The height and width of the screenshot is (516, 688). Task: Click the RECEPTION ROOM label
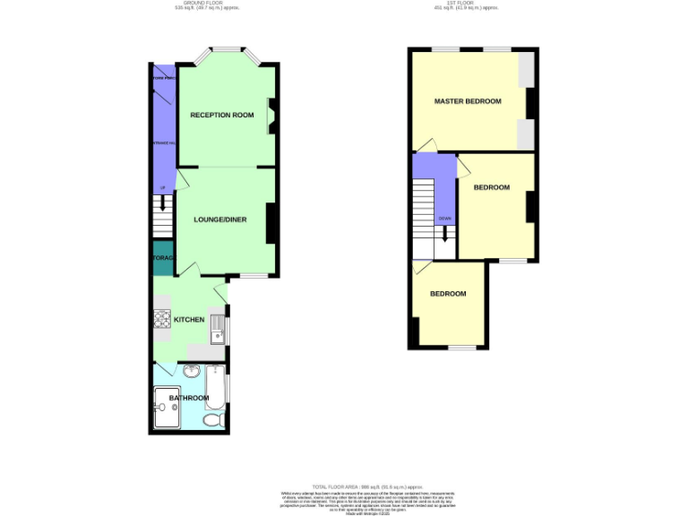pyautogui.click(x=221, y=115)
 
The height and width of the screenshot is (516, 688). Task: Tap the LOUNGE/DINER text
pyautogui.click(x=221, y=219)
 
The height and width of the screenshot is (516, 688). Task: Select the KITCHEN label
pyautogui.click(x=189, y=320)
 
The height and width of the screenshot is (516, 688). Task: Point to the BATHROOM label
pyautogui.click(x=189, y=398)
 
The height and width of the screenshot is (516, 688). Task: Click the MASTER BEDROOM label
pyautogui.click(x=468, y=101)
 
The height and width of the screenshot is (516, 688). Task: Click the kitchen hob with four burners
pyautogui.click(x=163, y=320)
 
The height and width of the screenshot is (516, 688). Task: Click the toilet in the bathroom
pyautogui.click(x=213, y=419)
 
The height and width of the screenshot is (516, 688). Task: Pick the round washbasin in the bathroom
pyautogui.click(x=191, y=373)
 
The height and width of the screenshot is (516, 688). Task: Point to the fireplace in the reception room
pyautogui.click(x=271, y=114)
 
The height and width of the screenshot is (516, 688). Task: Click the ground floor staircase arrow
pyautogui.click(x=162, y=202)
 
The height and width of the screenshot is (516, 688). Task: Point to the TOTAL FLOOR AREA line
pyautogui.click(x=343, y=485)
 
